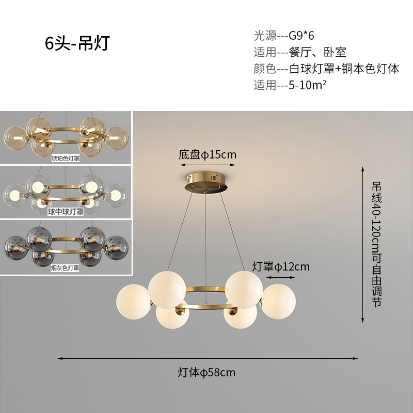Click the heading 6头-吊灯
(77, 44)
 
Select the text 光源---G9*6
(284, 36)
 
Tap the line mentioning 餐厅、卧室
(299, 52)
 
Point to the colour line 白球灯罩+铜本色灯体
(326, 69)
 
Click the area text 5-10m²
(290, 85)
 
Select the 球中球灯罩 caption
(66, 211)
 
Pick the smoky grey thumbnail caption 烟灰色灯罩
(66, 268)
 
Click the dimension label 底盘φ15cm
(208, 154)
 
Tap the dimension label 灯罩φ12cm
(281, 266)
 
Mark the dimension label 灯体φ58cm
(206, 372)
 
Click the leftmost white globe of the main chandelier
(133, 301)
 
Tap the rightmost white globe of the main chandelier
(279, 300)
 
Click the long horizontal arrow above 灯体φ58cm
(206, 358)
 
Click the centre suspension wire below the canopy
(206, 232)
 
